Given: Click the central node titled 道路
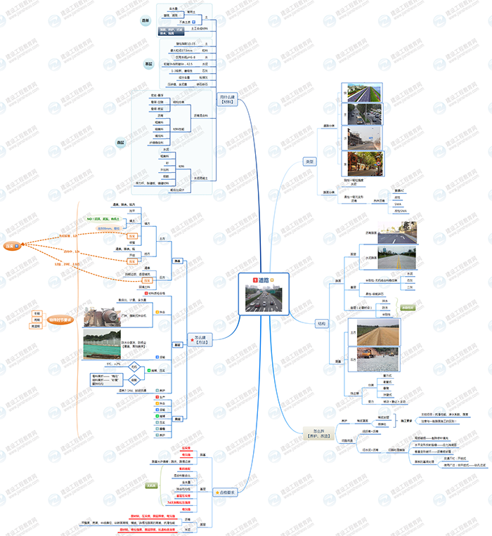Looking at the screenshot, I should [263, 280].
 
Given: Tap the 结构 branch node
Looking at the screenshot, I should [322, 323].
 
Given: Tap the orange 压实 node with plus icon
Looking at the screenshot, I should [11, 246].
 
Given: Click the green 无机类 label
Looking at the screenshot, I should [150, 485].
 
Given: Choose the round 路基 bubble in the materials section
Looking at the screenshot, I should [145, 21].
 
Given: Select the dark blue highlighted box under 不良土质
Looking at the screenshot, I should [174, 31].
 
